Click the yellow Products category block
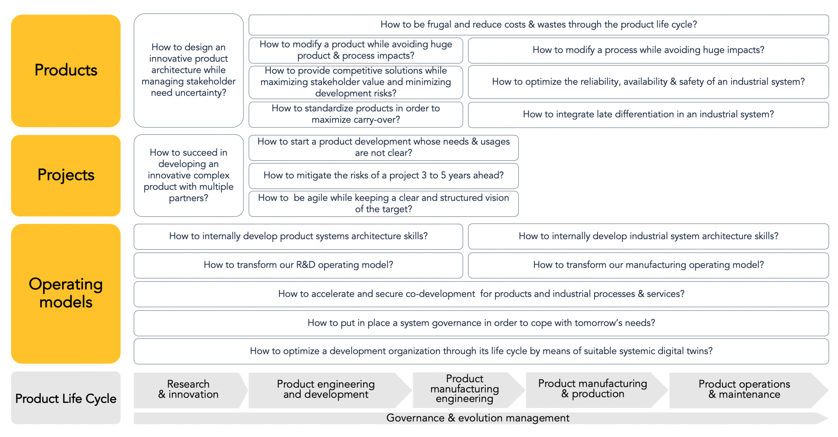click(x=66, y=71)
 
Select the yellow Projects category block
click(x=66, y=176)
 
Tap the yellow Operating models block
click(x=66, y=293)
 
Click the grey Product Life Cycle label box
click(x=66, y=398)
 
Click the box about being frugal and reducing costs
click(x=538, y=25)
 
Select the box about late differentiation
click(x=648, y=115)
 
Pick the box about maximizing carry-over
click(x=356, y=115)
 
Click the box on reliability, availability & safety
click(x=648, y=82)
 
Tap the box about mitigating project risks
click(x=383, y=176)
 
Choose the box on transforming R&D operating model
click(x=298, y=265)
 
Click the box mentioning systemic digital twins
click(x=481, y=351)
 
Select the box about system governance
click(x=481, y=323)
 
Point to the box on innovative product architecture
click(x=189, y=70)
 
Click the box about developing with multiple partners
click(x=189, y=176)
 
